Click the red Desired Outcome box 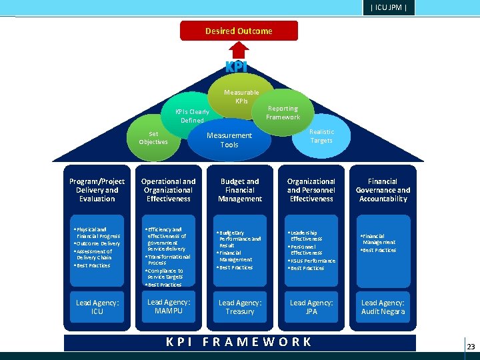pos(239,31)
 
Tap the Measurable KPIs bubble pos(241,97)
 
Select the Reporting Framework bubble pos(283,112)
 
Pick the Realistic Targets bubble pos(321,137)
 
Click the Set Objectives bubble pos(153,137)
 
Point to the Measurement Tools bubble pos(229,140)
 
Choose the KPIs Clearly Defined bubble pos(191,115)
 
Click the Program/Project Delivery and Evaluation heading pos(97,190)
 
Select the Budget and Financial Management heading pos(240,190)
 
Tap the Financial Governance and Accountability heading pos(383,190)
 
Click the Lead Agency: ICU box pos(97,307)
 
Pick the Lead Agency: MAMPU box pos(169,307)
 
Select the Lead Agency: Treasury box pos(240,307)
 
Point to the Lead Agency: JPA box pos(311,307)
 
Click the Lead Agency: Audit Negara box pos(383,307)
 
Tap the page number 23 pos(471,347)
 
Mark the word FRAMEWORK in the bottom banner pos(257,342)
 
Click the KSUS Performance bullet pos(313,261)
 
